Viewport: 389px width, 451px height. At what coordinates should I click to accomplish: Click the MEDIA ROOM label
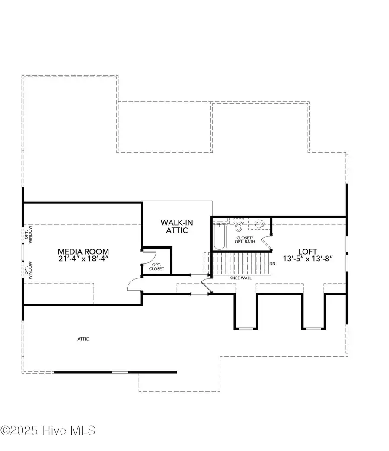[x=84, y=251]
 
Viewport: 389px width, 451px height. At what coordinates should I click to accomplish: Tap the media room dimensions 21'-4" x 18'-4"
[x=84, y=259]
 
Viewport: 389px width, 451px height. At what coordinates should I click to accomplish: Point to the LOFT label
[x=307, y=251]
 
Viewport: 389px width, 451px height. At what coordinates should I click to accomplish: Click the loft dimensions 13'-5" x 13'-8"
[x=307, y=259]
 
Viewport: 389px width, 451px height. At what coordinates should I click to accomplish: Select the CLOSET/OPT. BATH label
[x=246, y=240]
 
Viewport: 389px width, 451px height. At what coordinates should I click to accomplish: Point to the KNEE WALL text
[x=240, y=278]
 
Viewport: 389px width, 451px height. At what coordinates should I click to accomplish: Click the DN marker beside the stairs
[x=272, y=263]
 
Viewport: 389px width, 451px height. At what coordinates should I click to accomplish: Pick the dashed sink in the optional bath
[x=259, y=224]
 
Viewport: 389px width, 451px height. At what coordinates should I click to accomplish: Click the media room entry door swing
[x=134, y=285]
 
